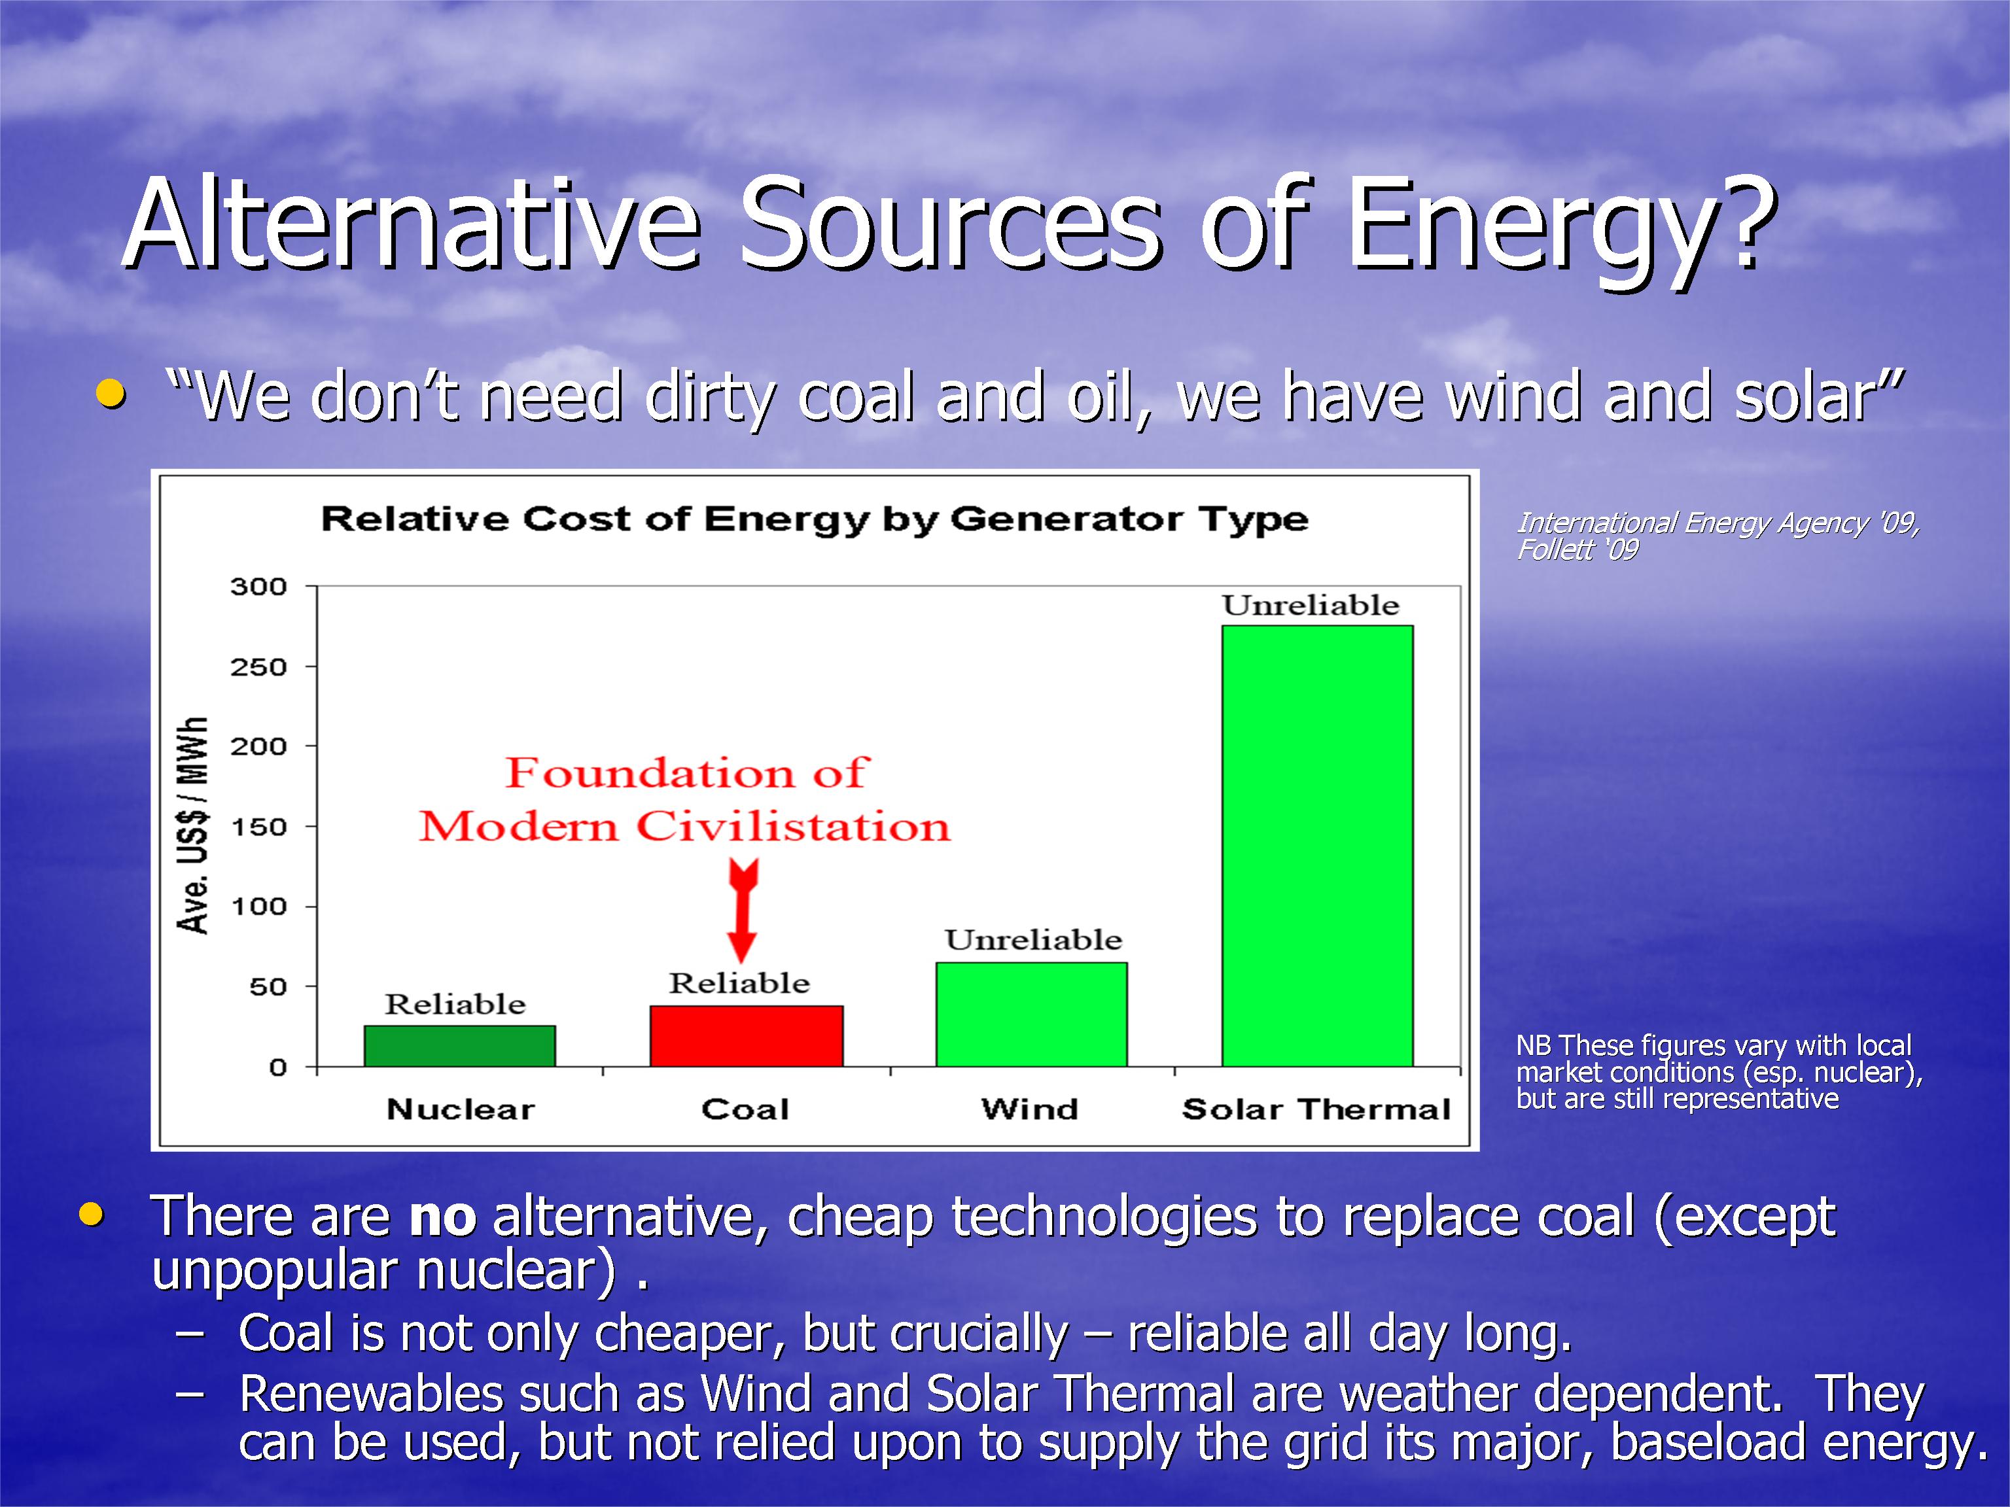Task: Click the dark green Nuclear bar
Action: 460,1045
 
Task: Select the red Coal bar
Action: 746,1035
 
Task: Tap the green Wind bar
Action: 1031,1014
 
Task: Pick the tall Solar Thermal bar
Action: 1318,846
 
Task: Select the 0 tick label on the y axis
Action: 278,1067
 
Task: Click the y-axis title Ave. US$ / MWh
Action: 192,825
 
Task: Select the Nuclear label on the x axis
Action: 461,1109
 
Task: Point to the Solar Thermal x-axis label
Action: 1316,1109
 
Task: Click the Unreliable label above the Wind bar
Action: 1033,939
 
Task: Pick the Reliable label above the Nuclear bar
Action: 455,1004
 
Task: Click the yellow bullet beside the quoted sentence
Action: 111,394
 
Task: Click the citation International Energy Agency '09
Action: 1718,523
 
